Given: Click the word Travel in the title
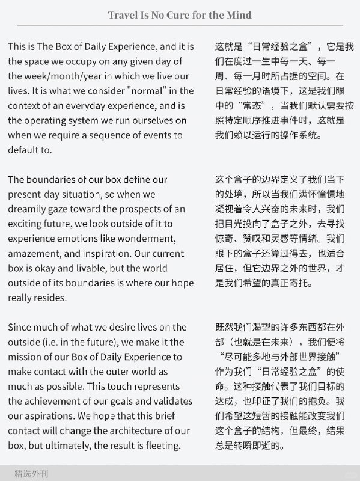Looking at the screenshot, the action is pyautogui.click(x=123, y=15).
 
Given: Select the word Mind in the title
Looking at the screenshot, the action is pyautogui.click(x=238, y=15).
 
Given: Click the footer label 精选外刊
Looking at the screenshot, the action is pyautogui.click(x=32, y=474).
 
